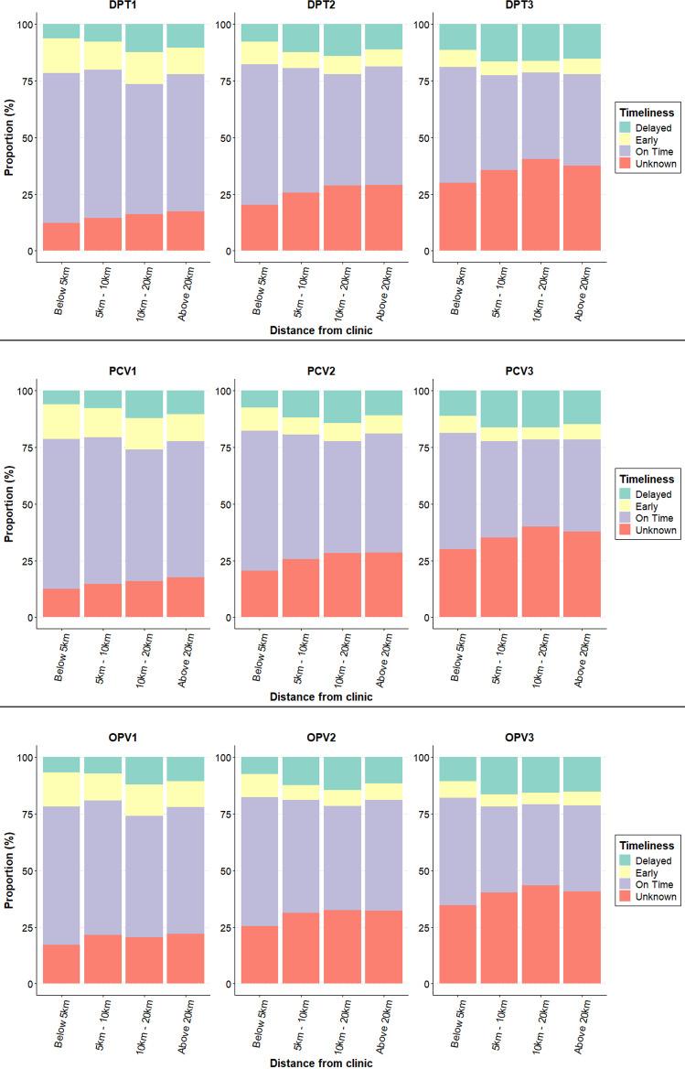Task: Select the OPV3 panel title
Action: click(x=519, y=740)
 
